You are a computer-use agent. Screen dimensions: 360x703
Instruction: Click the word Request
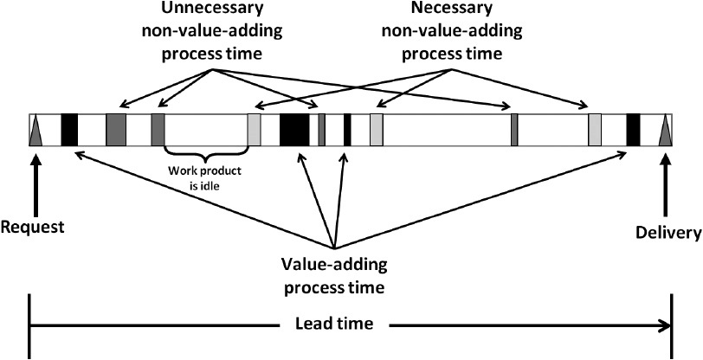click(x=34, y=228)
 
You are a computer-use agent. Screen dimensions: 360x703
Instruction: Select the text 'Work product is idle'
click(x=204, y=176)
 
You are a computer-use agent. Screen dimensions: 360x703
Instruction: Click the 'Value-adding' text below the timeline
click(x=334, y=262)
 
